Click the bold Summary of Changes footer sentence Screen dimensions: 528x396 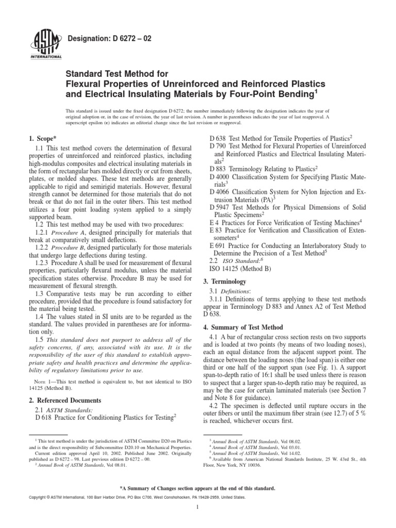click(x=198, y=487)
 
